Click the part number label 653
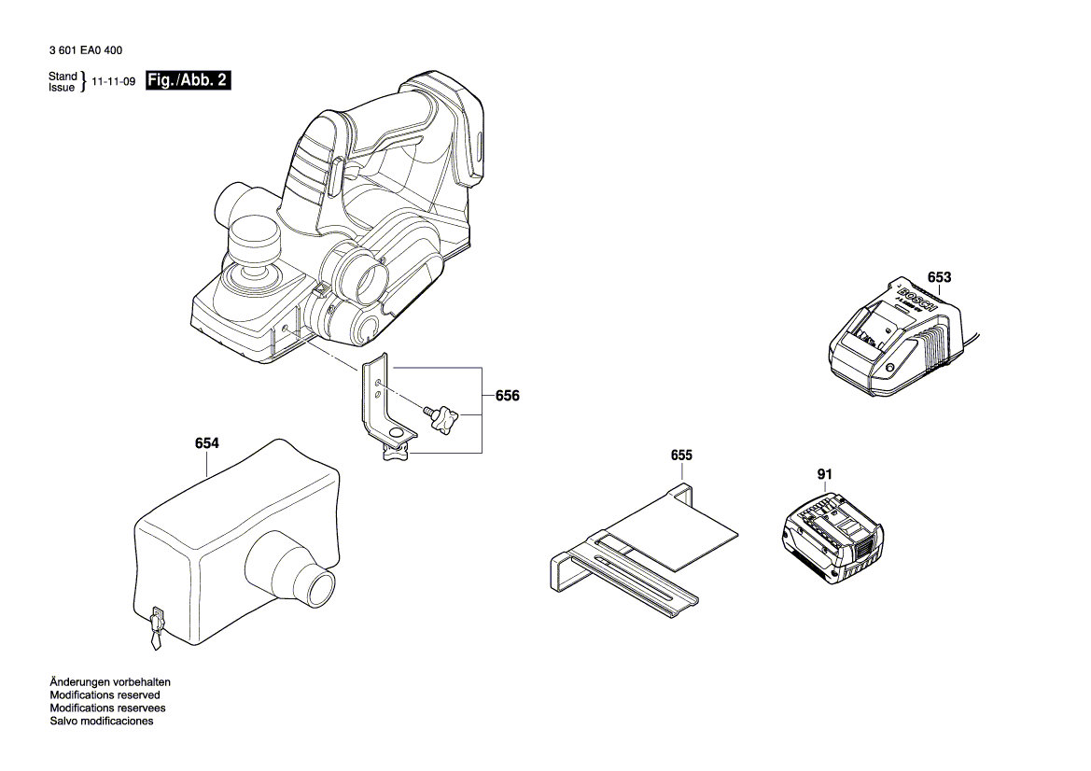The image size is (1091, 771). [x=939, y=277]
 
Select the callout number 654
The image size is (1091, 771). [x=206, y=444]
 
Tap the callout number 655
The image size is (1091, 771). [x=681, y=456]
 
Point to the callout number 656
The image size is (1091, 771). [x=507, y=396]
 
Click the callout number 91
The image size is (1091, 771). [x=824, y=474]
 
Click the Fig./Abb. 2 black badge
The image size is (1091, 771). [x=189, y=81]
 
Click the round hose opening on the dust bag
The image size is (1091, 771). [x=320, y=586]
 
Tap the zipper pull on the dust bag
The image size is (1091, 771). [x=155, y=627]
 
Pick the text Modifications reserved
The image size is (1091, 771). [x=105, y=695]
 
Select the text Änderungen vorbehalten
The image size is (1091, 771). [x=109, y=682]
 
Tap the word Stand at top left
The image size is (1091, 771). [x=62, y=76]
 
